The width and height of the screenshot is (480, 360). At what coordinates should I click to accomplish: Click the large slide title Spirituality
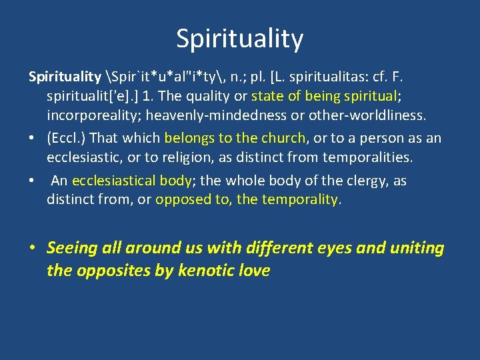click(239, 39)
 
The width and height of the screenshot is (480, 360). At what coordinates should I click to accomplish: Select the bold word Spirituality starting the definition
click(64, 77)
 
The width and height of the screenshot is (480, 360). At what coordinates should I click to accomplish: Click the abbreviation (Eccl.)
click(65, 139)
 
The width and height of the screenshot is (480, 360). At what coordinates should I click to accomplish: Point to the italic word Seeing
click(73, 249)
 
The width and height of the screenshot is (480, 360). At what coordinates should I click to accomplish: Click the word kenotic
click(207, 271)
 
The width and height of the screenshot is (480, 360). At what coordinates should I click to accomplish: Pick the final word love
click(253, 271)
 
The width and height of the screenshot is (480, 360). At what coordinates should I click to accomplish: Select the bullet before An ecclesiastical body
click(33, 181)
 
